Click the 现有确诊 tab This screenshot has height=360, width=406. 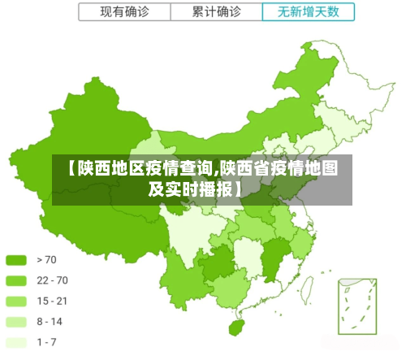(124, 12)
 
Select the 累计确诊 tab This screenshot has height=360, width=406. (217, 12)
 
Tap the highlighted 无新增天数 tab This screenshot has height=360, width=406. (309, 12)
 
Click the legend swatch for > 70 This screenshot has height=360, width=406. (17, 260)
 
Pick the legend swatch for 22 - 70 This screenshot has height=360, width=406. (17, 280)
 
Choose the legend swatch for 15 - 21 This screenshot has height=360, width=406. (17, 301)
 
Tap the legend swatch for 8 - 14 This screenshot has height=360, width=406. (17, 322)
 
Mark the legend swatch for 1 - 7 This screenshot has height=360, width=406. (17, 342)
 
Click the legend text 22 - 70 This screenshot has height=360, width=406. (52, 280)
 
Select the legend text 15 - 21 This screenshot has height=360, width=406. (52, 301)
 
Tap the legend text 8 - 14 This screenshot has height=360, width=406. (50, 322)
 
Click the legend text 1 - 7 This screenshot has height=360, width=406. (47, 342)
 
